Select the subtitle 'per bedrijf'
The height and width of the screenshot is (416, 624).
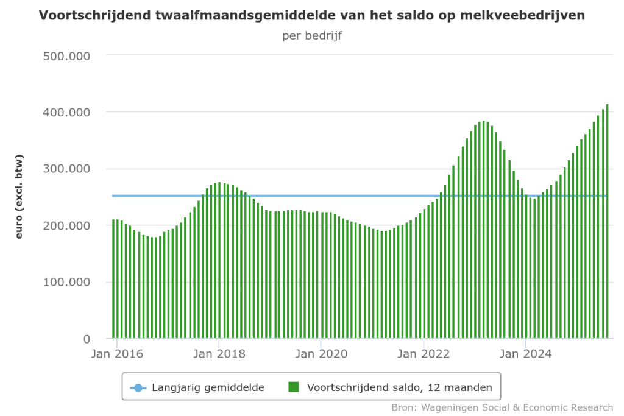pyautogui.click(x=312, y=35)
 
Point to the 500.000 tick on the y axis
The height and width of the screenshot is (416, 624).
pyautogui.click(x=67, y=56)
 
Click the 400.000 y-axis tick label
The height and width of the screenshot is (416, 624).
pyautogui.click(x=67, y=113)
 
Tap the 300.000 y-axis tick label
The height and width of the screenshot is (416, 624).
pyautogui.click(x=67, y=169)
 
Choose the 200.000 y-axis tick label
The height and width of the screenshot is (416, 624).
pyautogui.click(x=67, y=226)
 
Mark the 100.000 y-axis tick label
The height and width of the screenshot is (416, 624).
pyautogui.click(x=67, y=283)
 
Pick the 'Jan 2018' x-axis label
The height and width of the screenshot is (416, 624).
pyautogui.click(x=219, y=354)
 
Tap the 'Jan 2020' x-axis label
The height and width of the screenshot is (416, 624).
pyautogui.click(x=321, y=354)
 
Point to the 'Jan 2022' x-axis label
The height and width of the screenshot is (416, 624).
pyautogui.click(x=424, y=354)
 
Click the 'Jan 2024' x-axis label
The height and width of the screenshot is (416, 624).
pyautogui.click(x=526, y=354)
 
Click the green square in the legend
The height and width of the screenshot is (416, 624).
pyautogui.click(x=294, y=387)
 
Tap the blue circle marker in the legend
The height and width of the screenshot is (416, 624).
pyautogui.click(x=138, y=387)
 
